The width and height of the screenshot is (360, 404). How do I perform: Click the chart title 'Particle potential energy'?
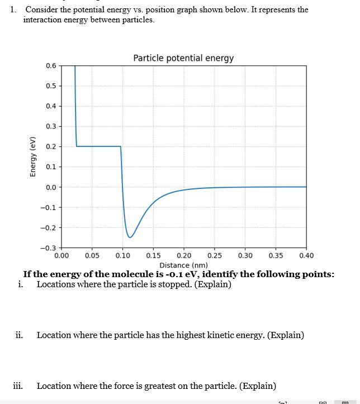(183, 58)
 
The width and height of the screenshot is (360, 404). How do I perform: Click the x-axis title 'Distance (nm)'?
(183, 265)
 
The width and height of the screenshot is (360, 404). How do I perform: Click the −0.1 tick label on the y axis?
(49, 207)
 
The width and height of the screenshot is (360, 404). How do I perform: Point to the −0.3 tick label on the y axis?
(49, 248)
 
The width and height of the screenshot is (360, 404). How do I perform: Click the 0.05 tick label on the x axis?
(92, 256)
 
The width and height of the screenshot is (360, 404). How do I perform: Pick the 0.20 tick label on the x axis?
(183, 256)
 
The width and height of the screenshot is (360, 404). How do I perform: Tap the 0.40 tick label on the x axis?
(306, 256)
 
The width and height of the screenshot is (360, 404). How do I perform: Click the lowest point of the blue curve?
(130, 237)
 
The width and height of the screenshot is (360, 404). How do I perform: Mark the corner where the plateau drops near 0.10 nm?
(121, 146)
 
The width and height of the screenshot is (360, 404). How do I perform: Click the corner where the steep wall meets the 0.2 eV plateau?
(77, 146)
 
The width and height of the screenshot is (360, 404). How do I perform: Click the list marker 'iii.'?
(18, 386)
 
